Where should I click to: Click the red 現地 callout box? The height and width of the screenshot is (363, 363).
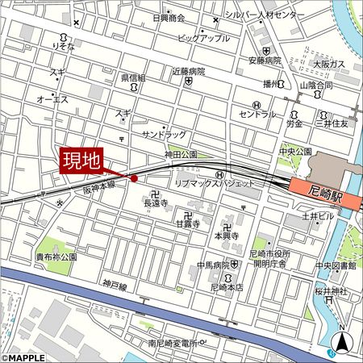point(81,160)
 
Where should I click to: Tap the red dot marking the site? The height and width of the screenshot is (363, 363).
point(134,178)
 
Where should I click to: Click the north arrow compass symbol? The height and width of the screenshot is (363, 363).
point(343,341)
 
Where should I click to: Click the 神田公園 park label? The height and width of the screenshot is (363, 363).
point(181,153)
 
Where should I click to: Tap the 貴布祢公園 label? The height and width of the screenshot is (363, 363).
point(56,257)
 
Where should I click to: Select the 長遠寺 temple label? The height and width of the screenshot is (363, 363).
point(155,204)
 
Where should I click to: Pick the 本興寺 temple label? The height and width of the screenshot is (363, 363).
point(227,236)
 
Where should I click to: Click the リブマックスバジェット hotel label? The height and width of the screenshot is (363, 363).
point(215,184)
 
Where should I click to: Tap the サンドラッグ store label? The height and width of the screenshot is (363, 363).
point(164,133)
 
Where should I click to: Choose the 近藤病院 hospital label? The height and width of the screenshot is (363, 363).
point(188,71)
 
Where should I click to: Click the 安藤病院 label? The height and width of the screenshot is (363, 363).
point(265,60)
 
